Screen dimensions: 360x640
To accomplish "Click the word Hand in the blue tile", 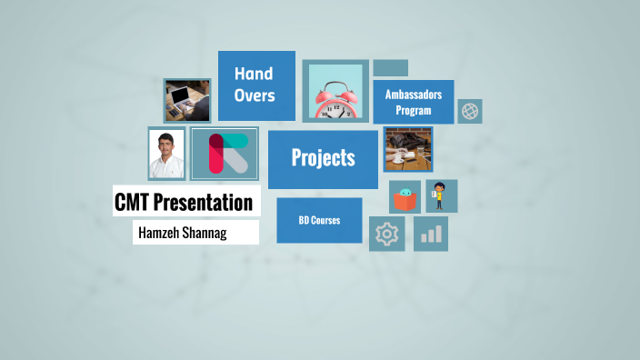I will [x=254, y=74].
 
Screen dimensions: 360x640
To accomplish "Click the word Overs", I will [x=254, y=95].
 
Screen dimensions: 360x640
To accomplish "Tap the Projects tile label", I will [x=323, y=158].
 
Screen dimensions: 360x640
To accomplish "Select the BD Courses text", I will [x=319, y=220].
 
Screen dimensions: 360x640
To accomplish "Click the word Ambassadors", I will [x=413, y=95].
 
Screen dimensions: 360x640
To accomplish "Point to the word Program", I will [x=413, y=111].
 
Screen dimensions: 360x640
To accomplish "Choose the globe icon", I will [x=470, y=111].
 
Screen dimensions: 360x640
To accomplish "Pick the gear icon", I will [x=387, y=235].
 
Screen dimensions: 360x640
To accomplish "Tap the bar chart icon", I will [x=431, y=235].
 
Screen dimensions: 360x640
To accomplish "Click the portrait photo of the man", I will [x=166, y=153].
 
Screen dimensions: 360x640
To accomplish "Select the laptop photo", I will [x=187, y=100].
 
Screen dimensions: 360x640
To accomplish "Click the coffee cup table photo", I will [x=407, y=149].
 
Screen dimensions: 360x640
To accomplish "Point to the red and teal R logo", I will [x=225, y=153].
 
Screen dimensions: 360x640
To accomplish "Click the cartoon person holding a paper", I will [x=441, y=195].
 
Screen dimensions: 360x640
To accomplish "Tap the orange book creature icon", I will [x=405, y=196].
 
